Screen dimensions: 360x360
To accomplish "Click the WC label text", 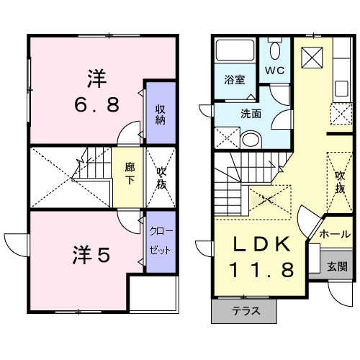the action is click(274, 71).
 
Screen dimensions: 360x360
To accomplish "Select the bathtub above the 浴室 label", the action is click(235, 50).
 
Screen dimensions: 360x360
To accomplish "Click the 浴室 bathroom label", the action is click(235, 80).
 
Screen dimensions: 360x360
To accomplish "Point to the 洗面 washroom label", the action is click(251, 114).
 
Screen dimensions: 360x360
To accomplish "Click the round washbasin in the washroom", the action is click(251, 140).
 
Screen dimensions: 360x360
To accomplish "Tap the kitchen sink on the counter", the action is click(341, 89).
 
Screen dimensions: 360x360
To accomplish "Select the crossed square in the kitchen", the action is click(312, 58).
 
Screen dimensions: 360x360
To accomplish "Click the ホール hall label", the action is click(335, 234).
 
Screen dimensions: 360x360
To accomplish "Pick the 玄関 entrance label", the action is click(337, 266).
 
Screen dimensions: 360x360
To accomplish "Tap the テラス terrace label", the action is click(246, 311).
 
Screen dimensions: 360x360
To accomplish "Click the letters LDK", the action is click(261, 244).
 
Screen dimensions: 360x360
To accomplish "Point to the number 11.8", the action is click(261, 269).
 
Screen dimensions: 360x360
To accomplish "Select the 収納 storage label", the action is click(161, 114).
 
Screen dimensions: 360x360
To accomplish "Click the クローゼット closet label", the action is click(161, 240).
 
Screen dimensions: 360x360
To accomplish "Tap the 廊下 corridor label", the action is click(130, 174).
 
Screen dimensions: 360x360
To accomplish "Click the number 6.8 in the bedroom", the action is click(96, 105).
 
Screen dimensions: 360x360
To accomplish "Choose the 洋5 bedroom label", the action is click(91, 255).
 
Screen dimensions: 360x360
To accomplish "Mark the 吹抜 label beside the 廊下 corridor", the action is click(161, 178).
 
